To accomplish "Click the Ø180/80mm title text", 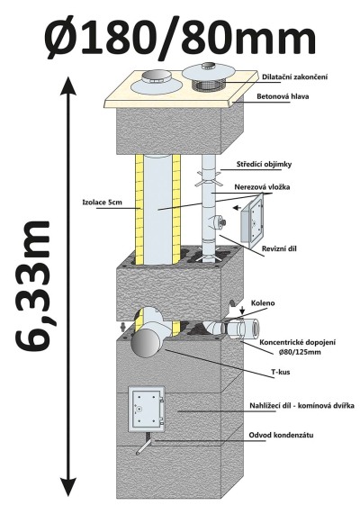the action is pyautogui.click(x=180, y=37).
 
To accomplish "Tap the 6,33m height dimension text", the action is pyautogui.click(x=33, y=284).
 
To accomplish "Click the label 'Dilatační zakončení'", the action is pyautogui.click(x=295, y=77).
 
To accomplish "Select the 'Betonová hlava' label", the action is pyautogui.click(x=283, y=96).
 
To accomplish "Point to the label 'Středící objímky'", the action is pyautogui.click(x=264, y=164).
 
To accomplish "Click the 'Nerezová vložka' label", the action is pyautogui.click(x=262, y=187).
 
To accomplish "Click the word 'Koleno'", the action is pyautogui.click(x=263, y=302).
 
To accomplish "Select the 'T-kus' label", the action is pyautogui.click(x=281, y=372).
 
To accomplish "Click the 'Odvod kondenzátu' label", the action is pyautogui.click(x=281, y=436).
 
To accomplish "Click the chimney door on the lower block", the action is pyautogui.click(x=146, y=410).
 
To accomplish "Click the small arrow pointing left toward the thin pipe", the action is pyautogui.click(x=237, y=208).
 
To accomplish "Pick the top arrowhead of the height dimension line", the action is pyautogui.click(x=68, y=86).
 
